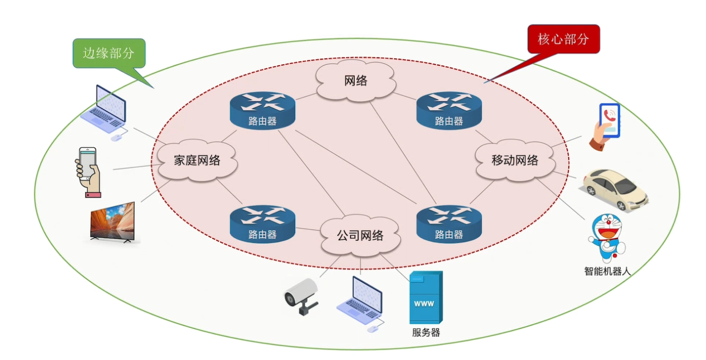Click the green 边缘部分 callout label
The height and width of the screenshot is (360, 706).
tap(108, 53)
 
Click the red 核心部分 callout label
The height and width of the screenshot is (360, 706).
tap(563, 39)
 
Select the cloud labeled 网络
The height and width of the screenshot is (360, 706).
tap(356, 81)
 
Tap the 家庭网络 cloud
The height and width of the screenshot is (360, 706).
tap(197, 161)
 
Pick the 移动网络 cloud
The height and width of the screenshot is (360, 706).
tap(515, 160)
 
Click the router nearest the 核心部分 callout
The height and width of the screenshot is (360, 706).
tap(449, 110)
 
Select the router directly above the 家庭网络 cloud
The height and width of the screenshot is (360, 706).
tap(262, 110)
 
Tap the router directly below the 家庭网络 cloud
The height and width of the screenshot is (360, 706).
tap(262, 223)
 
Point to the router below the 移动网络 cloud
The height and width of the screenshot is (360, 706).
tap(449, 223)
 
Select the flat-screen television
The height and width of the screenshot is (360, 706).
tap(112, 222)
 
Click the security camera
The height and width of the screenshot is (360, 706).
tap(301, 296)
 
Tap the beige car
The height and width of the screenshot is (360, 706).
tap(615, 189)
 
